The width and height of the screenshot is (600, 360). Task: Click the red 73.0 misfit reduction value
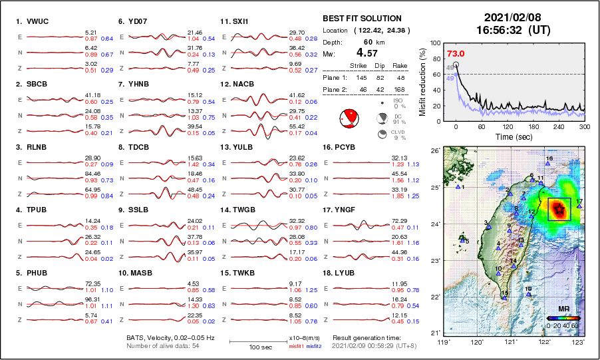point(456,53)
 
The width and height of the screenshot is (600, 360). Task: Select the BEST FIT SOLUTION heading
point(362,18)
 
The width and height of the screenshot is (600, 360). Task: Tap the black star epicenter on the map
point(559,210)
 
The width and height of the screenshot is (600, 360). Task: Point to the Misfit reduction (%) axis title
point(422,81)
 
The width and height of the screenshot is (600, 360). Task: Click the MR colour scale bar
point(562,319)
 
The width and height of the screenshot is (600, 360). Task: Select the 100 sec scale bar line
point(258,342)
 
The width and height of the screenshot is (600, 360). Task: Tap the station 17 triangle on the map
point(579,206)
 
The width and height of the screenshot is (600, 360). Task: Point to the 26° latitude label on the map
point(433,152)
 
